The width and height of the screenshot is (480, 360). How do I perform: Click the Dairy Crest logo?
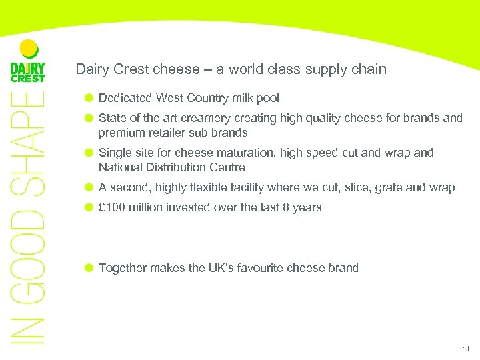(x=27, y=63)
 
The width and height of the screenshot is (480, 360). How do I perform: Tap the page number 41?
(x=465, y=349)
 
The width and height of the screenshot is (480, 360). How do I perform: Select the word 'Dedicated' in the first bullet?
(x=125, y=98)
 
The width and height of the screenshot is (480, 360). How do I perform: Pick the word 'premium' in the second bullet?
(x=120, y=133)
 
